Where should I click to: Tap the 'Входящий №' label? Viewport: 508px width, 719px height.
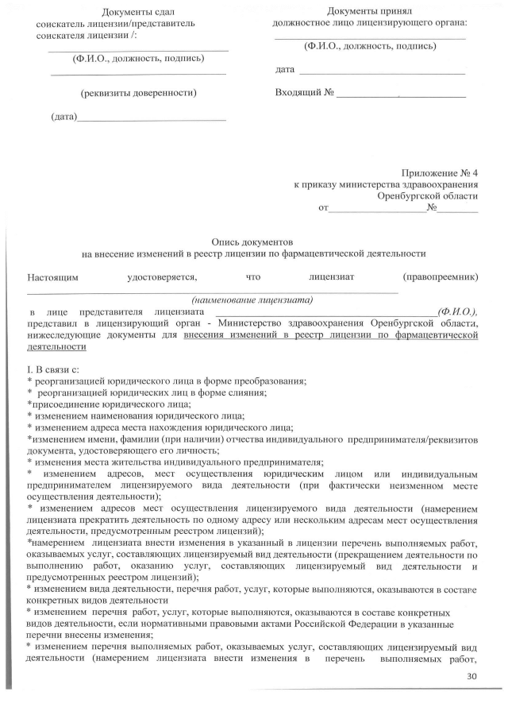pos(304,93)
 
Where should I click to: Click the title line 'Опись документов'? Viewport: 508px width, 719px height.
pos(253,240)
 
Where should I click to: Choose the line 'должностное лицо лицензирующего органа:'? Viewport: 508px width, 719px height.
pos(370,23)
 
